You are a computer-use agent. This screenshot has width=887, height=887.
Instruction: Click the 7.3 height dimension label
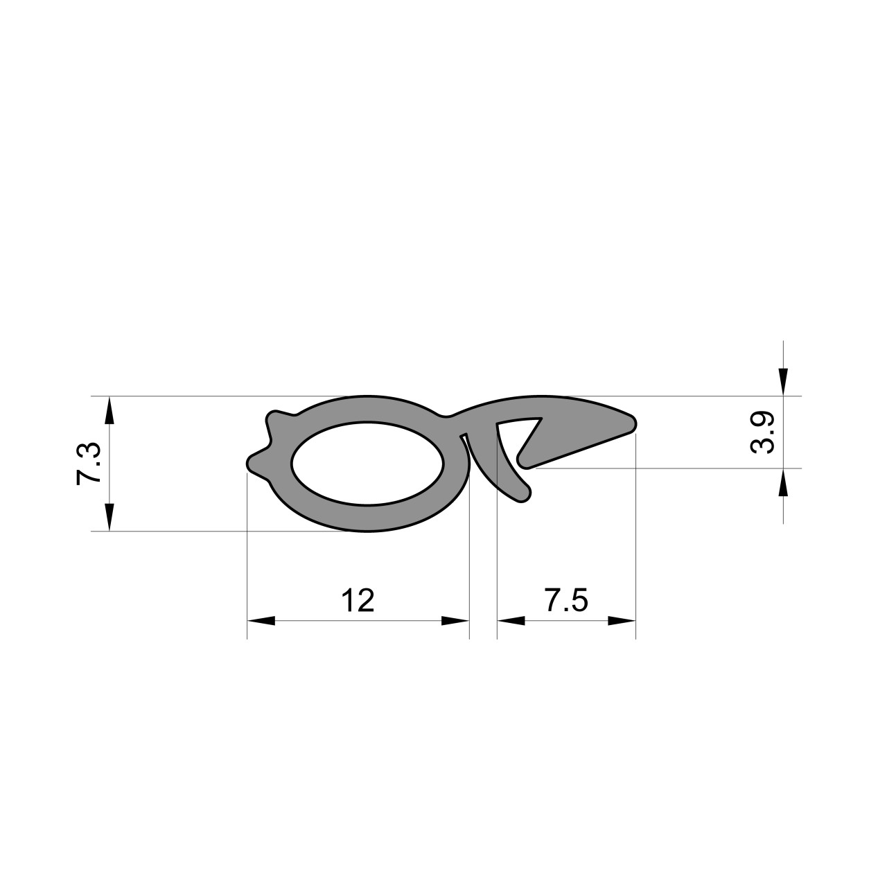[x=91, y=464]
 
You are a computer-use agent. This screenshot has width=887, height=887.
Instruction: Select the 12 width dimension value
[x=358, y=600]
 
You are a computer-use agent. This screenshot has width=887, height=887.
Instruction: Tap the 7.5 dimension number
[x=566, y=600]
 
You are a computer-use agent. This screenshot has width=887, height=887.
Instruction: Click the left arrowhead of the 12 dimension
[x=261, y=620]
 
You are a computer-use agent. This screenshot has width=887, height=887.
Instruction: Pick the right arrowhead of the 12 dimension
[x=455, y=620]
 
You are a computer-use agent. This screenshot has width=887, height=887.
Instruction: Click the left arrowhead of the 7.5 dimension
[x=511, y=620]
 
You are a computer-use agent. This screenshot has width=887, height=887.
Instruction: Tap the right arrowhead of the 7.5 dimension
[x=622, y=620]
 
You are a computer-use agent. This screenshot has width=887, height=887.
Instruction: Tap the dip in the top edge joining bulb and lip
[x=448, y=416]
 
